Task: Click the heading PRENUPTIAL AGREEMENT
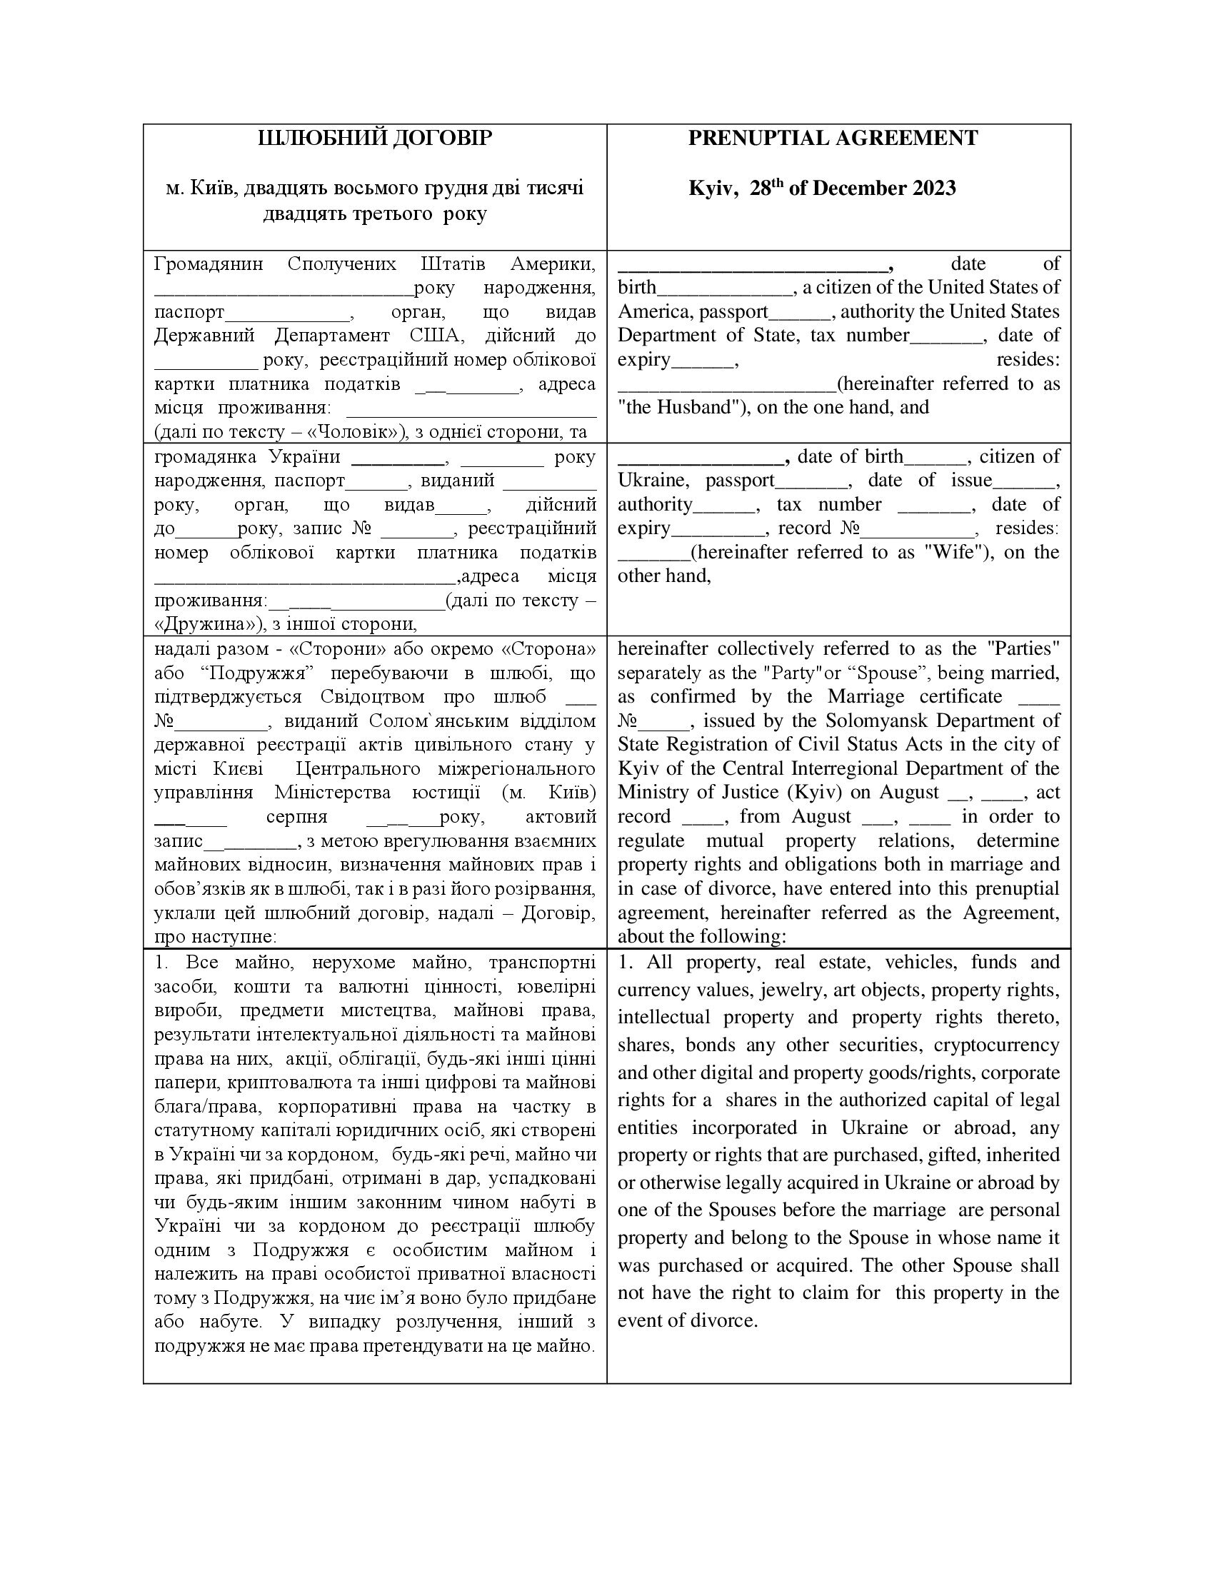(833, 138)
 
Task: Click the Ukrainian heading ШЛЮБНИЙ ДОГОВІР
(375, 138)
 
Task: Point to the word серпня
(296, 816)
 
